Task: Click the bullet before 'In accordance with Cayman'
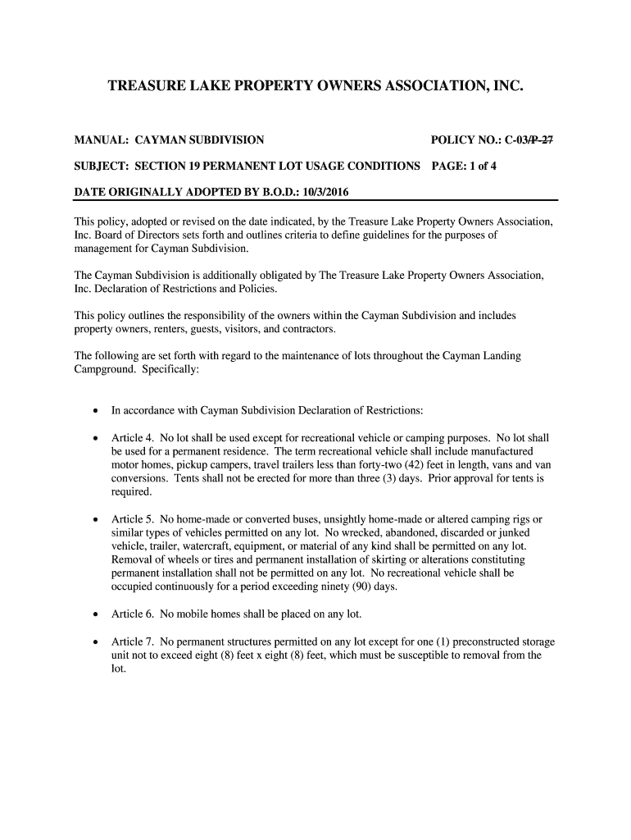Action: click(x=97, y=411)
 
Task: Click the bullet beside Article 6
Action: click(x=97, y=614)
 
